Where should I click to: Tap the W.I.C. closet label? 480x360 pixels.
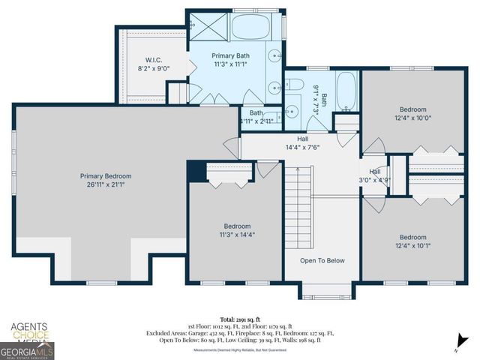(153, 60)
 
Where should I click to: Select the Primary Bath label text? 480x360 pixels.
(231, 55)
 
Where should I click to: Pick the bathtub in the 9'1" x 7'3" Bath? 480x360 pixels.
(346, 91)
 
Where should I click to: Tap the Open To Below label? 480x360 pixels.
(322, 261)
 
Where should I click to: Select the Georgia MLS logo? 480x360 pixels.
(27, 351)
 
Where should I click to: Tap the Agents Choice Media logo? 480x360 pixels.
(28, 332)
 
